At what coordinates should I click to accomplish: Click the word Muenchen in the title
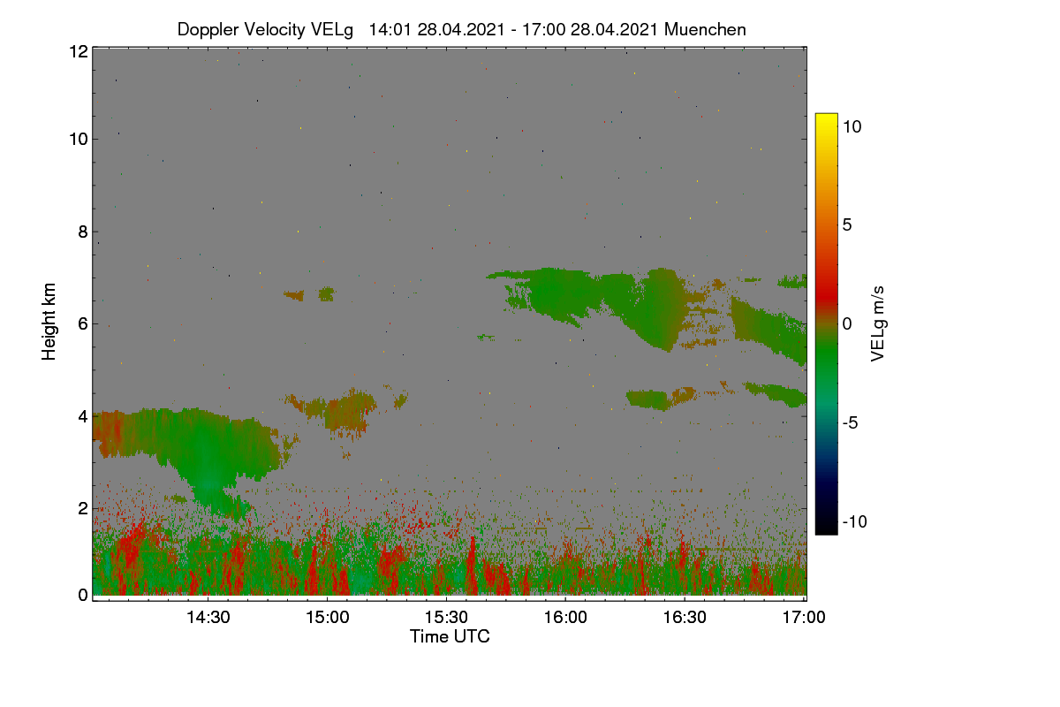(705, 29)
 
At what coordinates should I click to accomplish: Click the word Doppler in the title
(208, 30)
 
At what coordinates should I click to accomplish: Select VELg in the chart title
(332, 30)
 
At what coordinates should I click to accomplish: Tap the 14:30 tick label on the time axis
(208, 617)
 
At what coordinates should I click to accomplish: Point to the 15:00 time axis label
(327, 617)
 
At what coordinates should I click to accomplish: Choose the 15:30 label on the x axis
(446, 617)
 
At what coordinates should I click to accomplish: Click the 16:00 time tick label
(565, 617)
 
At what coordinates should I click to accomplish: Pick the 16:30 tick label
(685, 617)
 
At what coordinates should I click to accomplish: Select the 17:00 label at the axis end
(804, 617)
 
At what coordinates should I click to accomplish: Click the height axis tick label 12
(79, 51)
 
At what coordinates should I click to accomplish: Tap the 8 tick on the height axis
(83, 232)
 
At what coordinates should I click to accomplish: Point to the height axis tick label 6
(83, 324)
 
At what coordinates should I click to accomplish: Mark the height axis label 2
(83, 508)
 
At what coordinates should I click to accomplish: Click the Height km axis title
(49, 322)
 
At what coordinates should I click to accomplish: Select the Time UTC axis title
(450, 636)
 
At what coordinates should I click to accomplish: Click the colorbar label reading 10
(852, 126)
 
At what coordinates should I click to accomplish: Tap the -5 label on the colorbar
(851, 422)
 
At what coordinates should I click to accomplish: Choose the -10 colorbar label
(855, 521)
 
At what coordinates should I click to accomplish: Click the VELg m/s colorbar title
(877, 323)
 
